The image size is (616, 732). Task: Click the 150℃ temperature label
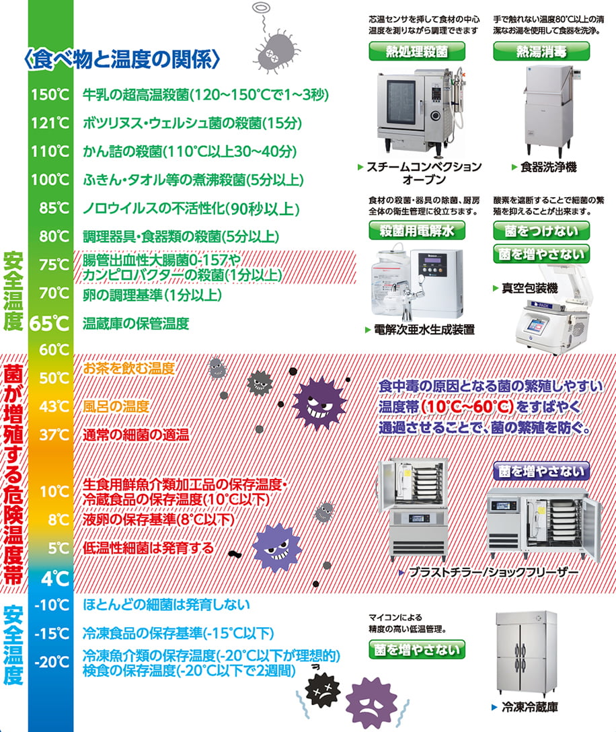(50, 95)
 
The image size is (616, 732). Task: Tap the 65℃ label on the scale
(50, 323)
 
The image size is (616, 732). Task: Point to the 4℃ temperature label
(55, 579)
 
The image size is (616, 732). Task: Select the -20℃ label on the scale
(52, 661)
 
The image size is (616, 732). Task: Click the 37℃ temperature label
(54, 435)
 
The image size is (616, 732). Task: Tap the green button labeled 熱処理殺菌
(417, 51)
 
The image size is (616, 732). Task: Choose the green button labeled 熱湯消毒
(541, 51)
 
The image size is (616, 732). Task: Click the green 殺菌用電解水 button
(417, 230)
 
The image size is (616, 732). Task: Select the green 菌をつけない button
(541, 230)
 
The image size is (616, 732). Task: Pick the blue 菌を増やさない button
(541, 471)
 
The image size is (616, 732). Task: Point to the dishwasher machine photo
(547, 110)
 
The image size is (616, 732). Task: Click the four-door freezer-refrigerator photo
(526, 653)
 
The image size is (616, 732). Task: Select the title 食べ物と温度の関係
(122, 60)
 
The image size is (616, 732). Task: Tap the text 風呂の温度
(116, 406)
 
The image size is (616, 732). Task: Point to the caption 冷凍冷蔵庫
(530, 707)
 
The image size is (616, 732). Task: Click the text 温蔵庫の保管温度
(136, 324)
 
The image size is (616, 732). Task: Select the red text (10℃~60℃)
(467, 406)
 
